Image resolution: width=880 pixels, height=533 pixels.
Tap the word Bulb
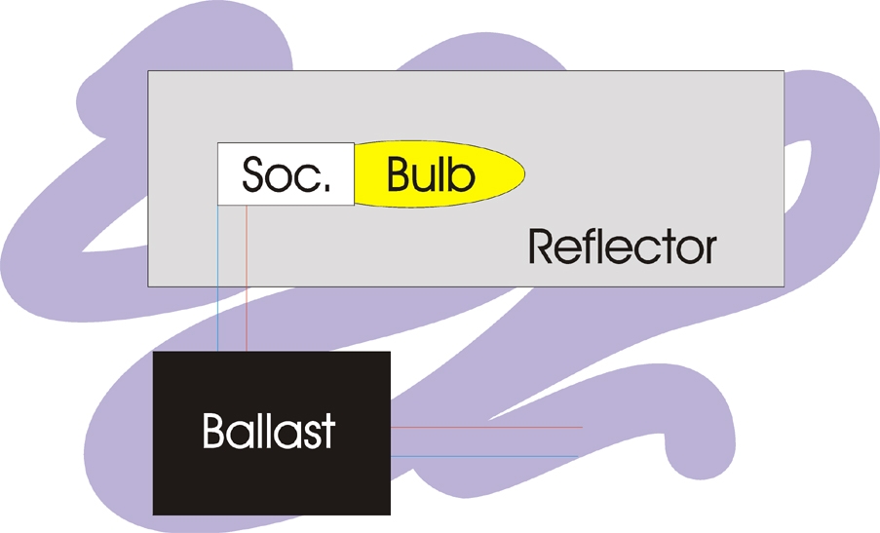431,174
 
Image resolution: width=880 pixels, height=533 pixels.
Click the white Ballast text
269,430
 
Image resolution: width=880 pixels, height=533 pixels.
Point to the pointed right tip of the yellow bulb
525,174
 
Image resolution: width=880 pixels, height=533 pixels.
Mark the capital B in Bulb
401,174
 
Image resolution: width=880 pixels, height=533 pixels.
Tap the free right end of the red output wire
582,427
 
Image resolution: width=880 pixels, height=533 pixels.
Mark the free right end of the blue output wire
578,456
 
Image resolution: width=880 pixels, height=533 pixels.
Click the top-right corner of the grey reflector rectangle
784,71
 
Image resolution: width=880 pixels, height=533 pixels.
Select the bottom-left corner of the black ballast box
155,514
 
